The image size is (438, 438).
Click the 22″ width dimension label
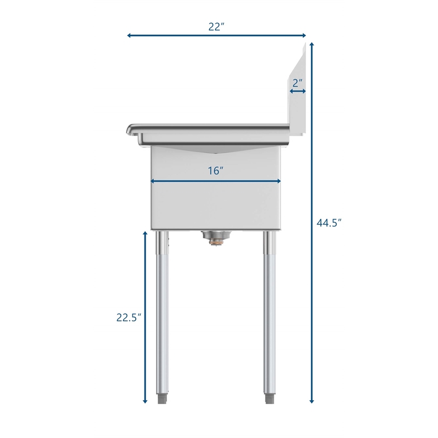click(216, 26)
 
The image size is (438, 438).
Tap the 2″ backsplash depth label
click(298, 83)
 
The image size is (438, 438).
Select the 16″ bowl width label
click(216, 171)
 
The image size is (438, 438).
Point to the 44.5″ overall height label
click(329, 223)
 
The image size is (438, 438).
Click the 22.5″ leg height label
click(129, 318)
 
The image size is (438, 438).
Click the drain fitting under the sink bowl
click(216, 237)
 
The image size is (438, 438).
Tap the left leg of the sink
click(163, 312)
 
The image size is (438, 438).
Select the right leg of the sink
click(269, 312)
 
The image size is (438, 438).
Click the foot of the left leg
click(163, 398)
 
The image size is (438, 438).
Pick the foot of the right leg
click(269, 398)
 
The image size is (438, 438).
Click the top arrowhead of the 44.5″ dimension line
click(312, 45)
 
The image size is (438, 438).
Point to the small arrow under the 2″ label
click(298, 91)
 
